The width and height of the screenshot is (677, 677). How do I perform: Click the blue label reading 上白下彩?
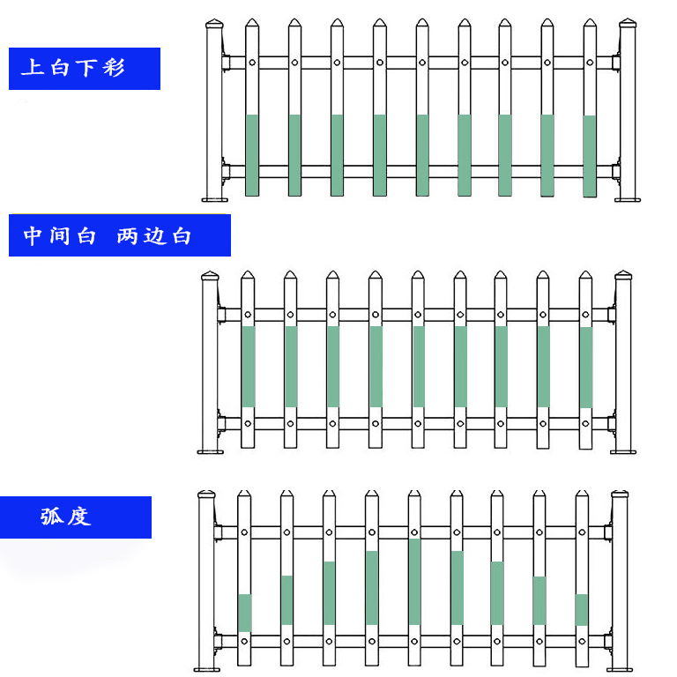coord(84,68)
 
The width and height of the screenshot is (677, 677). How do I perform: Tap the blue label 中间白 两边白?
coord(119,235)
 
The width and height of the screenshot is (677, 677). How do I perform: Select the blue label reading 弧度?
coord(75,517)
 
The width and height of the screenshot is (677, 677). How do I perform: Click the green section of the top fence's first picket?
coord(252,154)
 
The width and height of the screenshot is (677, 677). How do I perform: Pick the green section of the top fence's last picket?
coord(590,155)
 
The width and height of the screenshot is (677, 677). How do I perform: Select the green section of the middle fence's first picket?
coord(248,366)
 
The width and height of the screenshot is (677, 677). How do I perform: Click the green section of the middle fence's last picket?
coord(585,366)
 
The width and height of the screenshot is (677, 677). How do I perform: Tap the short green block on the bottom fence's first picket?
coord(244,612)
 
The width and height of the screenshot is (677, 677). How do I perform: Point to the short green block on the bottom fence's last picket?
coord(581,609)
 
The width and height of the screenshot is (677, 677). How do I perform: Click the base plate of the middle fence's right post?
coord(624,452)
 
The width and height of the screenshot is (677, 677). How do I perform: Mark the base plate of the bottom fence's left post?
coord(206,670)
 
